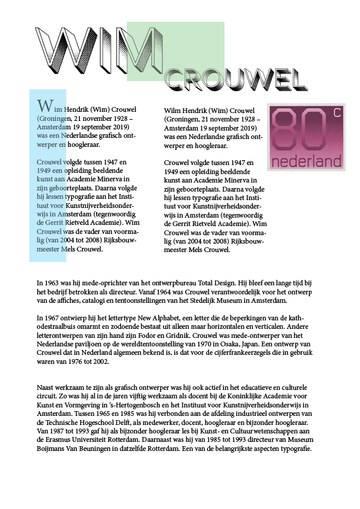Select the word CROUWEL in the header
pos(235,77)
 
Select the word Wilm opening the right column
pos(173,110)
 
